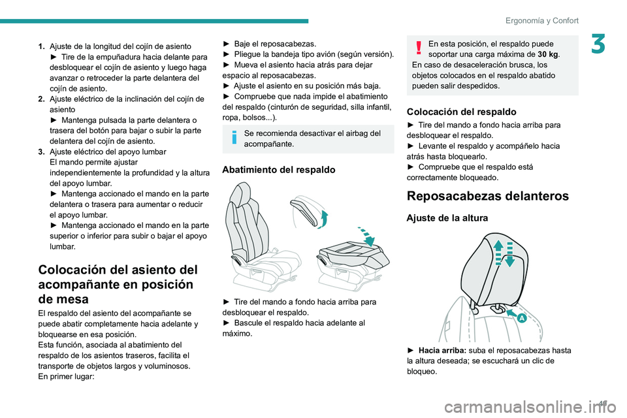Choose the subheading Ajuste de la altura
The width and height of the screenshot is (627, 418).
point(447,218)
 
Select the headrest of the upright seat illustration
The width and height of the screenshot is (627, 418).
point(242,196)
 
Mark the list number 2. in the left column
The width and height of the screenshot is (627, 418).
point(42,99)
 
